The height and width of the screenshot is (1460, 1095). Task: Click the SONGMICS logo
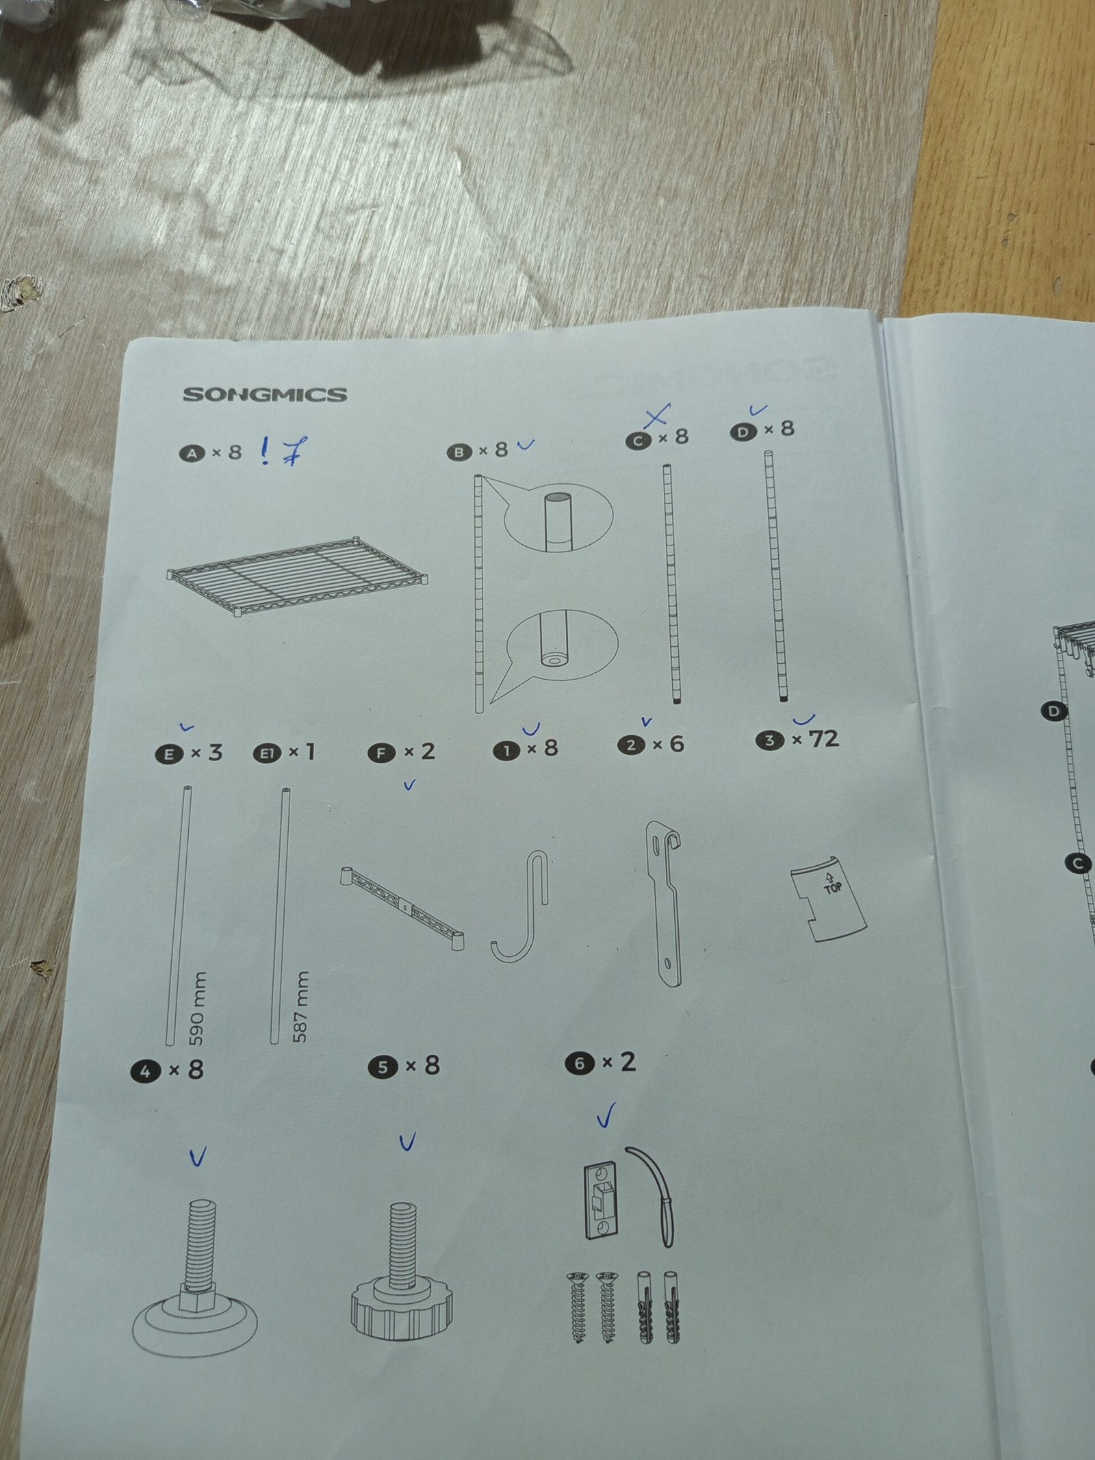(x=264, y=394)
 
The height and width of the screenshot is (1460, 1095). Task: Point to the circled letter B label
(x=460, y=452)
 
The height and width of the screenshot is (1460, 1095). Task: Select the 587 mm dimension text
(x=300, y=1006)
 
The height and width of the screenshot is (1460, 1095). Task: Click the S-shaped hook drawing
(x=520, y=907)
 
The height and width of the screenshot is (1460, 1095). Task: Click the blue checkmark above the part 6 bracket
(x=606, y=1114)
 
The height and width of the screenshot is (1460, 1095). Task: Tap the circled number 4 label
(x=145, y=1071)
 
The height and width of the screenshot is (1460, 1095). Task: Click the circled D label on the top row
(x=743, y=432)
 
